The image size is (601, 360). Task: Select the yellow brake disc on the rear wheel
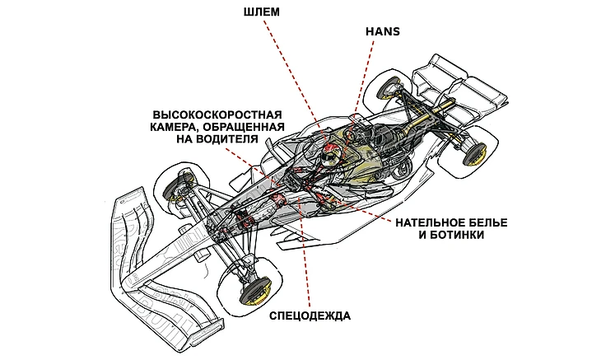tap(476, 153)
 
